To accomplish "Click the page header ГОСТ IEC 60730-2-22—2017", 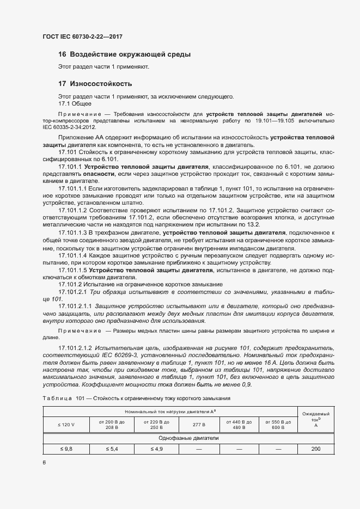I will [82, 36].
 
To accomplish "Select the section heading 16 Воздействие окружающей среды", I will [124, 54].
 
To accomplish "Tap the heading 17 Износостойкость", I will [95, 84].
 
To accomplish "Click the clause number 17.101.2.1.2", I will [76, 347].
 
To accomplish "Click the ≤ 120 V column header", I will [66, 424].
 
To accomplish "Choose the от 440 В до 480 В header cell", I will [236, 424].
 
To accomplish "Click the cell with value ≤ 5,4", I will [112, 449].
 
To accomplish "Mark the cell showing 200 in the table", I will [316, 449].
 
